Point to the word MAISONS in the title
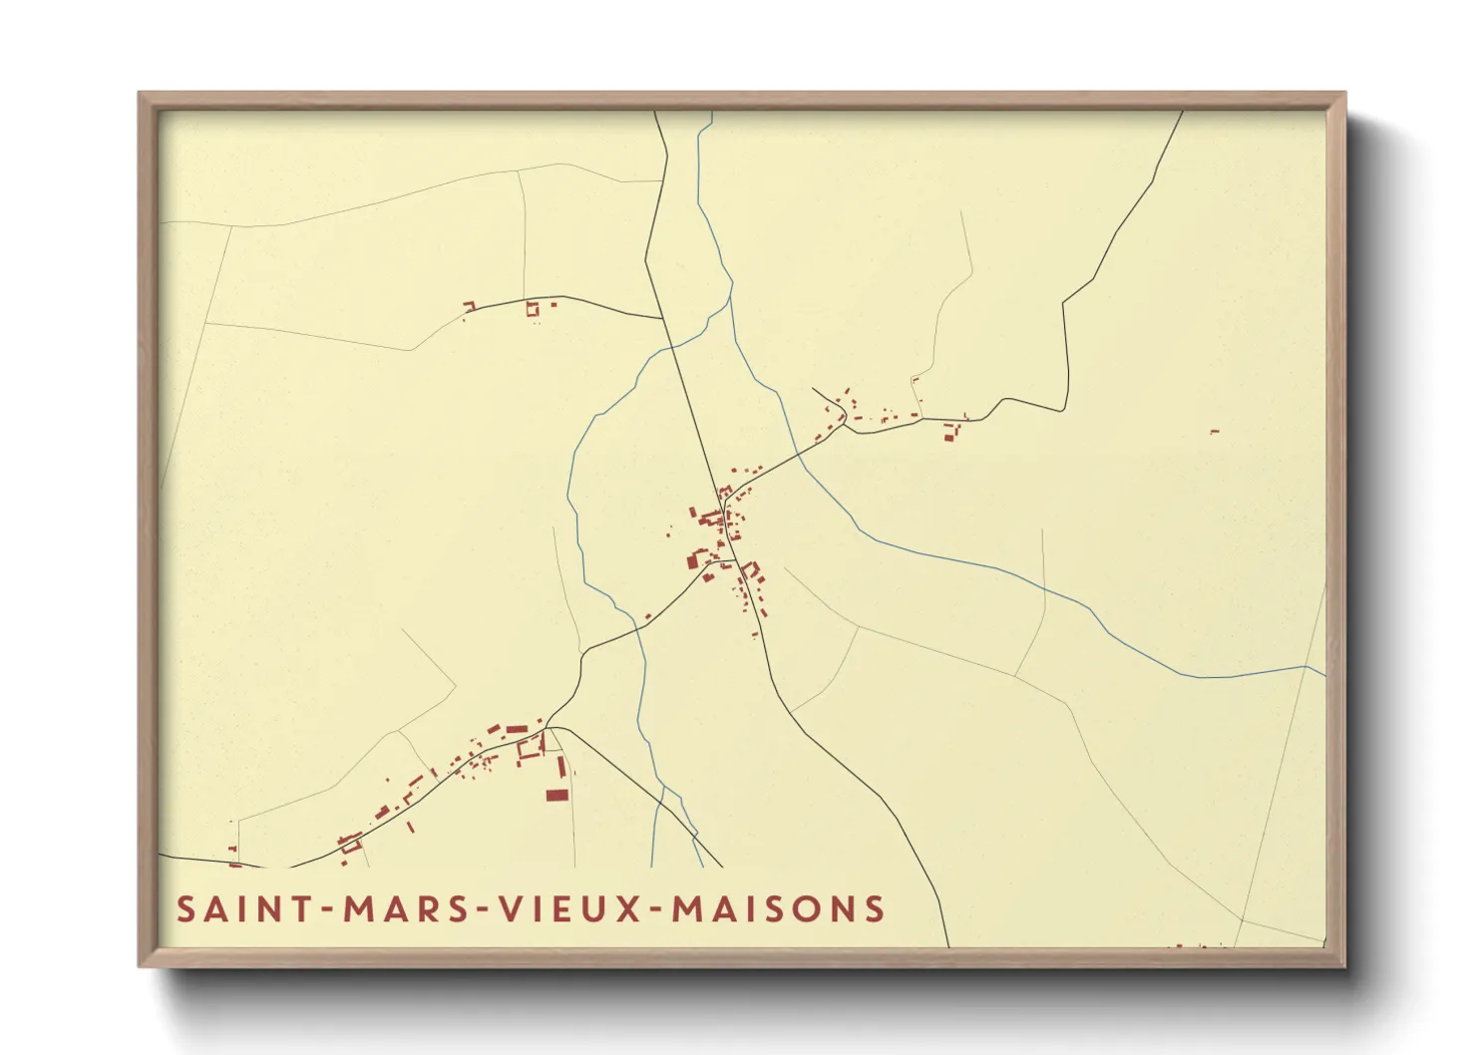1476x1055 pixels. (x=778, y=909)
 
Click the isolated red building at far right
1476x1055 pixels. (x=1214, y=432)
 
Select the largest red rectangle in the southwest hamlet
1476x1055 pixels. (x=556, y=795)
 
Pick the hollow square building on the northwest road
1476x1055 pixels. (x=532, y=309)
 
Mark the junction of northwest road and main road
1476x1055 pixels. (x=664, y=319)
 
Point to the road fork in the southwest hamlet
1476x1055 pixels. (x=548, y=726)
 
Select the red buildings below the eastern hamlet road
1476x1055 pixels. (x=950, y=433)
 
